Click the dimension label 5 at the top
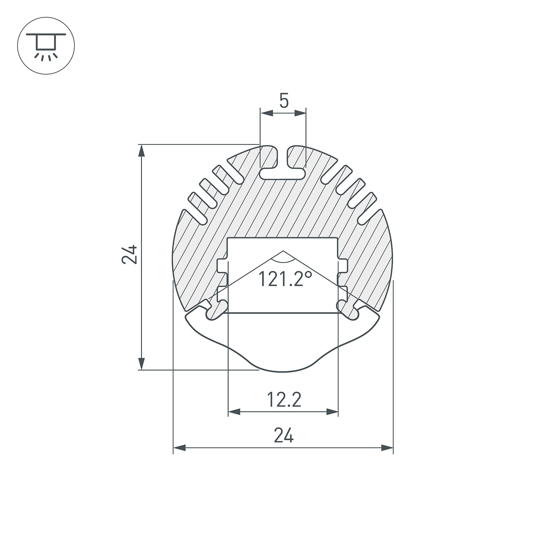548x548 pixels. [284, 101]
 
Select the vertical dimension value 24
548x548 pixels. [130, 254]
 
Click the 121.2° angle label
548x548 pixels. [285, 279]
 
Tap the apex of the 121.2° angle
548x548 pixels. [283, 251]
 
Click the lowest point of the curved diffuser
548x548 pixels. [283, 372]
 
